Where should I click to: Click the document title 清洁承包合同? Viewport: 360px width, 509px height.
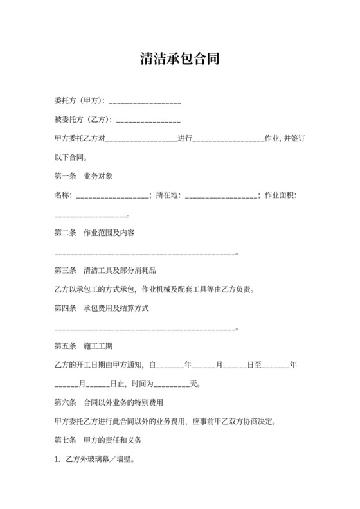point(180,59)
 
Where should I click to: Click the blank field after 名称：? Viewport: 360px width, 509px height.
point(113,195)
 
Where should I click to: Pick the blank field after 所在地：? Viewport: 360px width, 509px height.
point(221,195)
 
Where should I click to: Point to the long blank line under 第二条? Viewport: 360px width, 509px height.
point(146,254)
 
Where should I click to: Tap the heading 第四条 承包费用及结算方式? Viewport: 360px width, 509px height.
point(102,308)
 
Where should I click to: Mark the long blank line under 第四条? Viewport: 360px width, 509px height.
point(146,330)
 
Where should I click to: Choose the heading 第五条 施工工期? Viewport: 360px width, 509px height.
point(84,346)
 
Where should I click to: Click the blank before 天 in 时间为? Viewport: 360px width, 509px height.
point(171,386)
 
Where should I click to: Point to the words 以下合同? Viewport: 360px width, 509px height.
point(70,157)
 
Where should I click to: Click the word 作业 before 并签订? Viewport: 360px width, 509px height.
point(272,139)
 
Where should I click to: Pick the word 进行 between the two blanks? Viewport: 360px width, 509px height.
point(184,139)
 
